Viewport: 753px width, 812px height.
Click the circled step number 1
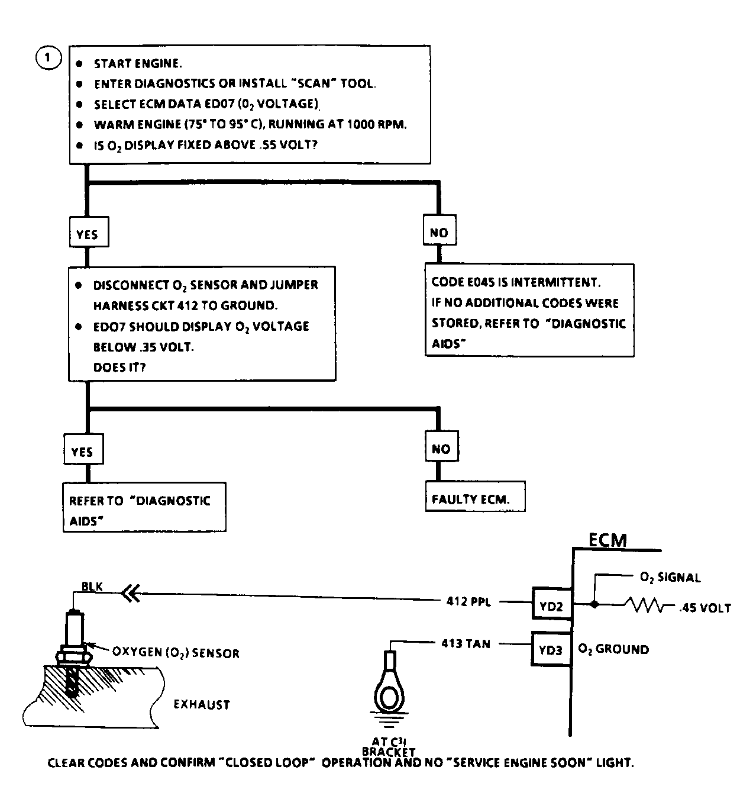[x=49, y=58]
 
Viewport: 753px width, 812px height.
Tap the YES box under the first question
[x=89, y=232]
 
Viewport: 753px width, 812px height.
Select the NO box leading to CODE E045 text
[x=439, y=230]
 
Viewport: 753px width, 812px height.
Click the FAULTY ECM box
[x=475, y=497]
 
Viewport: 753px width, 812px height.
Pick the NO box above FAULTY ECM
[x=441, y=446]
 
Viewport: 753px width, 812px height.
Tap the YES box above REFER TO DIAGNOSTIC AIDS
[x=83, y=449]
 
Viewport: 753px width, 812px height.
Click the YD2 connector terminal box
[x=551, y=604]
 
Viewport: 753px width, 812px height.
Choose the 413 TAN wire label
[x=466, y=643]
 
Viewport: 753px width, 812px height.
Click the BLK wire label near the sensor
[x=92, y=587]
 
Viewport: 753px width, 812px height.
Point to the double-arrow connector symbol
[x=131, y=593]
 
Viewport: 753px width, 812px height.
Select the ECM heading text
[x=607, y=540]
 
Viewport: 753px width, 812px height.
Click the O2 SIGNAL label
[x=670, y=577]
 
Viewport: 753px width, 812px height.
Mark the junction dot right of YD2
[x=594, y=604]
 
